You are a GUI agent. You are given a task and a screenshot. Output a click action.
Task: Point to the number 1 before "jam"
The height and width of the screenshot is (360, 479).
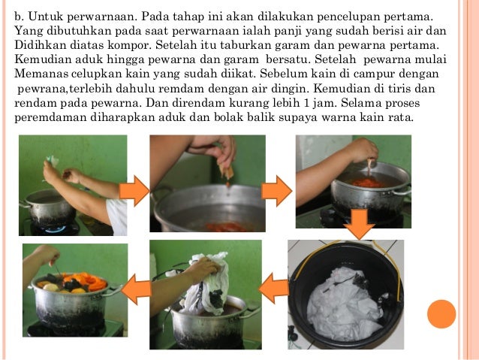306,103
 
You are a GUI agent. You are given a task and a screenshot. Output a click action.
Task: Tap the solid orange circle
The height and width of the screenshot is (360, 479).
441,314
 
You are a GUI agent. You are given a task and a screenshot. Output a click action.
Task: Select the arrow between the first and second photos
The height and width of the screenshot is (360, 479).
134,191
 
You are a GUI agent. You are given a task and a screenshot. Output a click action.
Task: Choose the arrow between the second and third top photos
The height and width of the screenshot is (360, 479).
276,191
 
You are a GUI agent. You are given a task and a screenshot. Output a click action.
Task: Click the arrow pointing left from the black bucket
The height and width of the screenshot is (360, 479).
274,288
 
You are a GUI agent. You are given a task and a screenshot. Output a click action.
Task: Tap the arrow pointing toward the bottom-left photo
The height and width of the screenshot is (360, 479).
136,289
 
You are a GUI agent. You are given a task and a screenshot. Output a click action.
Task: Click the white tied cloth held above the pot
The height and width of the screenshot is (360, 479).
206,284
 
